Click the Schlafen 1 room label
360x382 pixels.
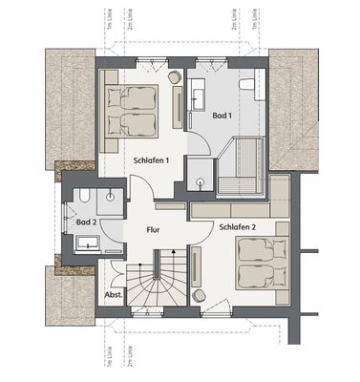pyautogui.click(x=152, y=160)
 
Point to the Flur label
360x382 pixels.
pyautogui.click(x=154, y=230)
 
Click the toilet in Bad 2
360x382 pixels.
pyautogui.click(x=85, y=198)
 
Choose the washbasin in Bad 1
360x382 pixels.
pyautogui.click(x=199, y=93)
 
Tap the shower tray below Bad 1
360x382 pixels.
pyautogui.click(x=199, y=172)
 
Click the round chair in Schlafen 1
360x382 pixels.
pyautogui.click(x=175, y=75)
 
